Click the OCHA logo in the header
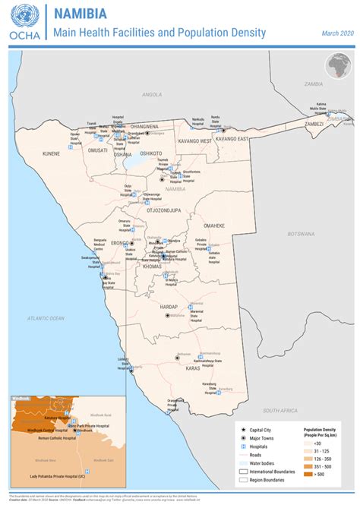(22, 21)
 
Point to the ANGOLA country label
(153, 94)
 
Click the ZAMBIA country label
(314, 84)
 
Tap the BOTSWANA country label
(300, 235)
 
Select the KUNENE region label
(51, 153)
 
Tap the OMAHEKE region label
(214, 226)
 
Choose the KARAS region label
(191, 368)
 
